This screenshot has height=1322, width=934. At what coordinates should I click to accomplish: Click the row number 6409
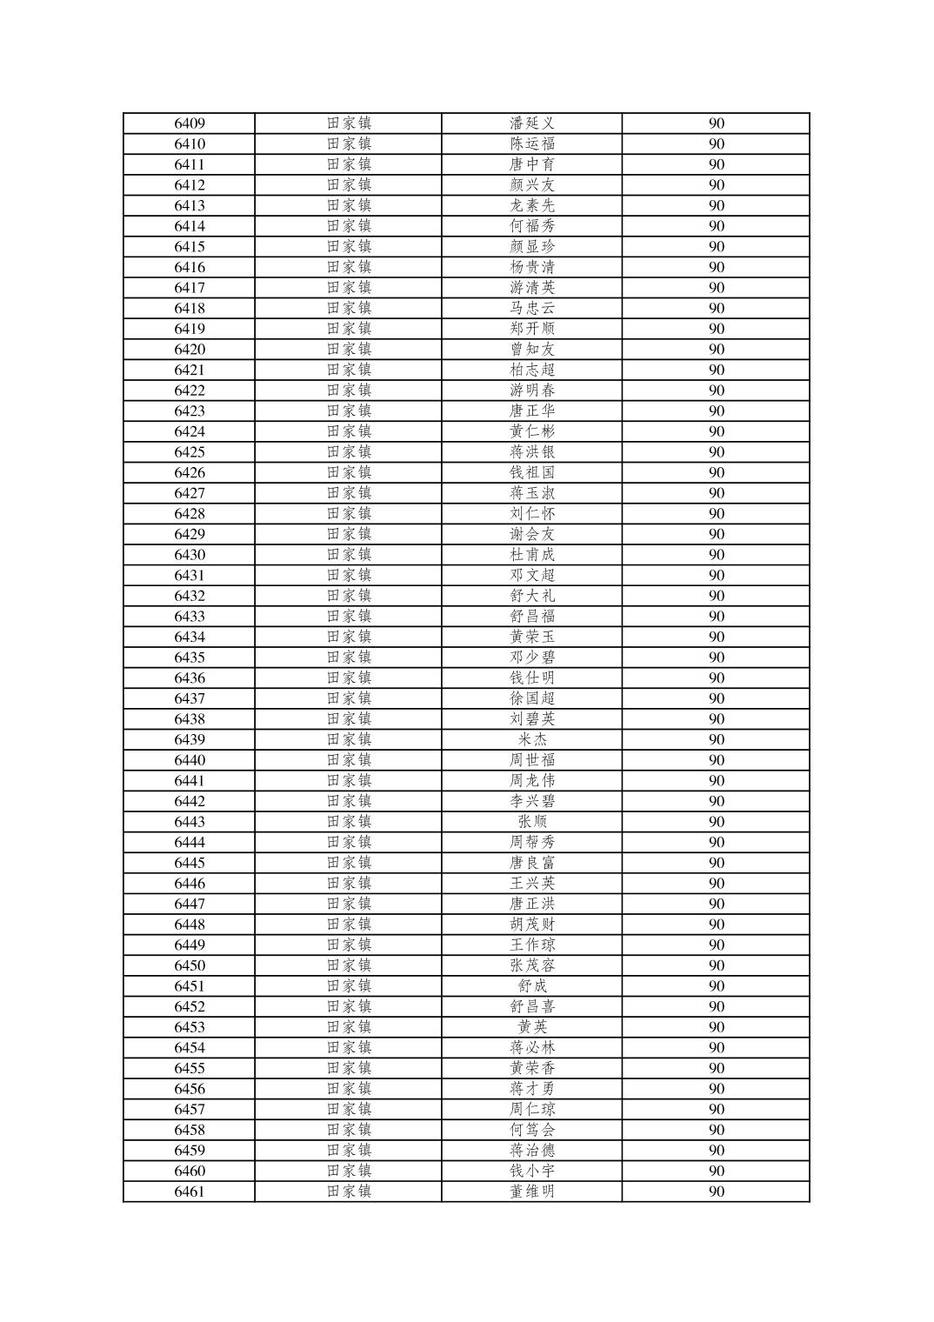[x=190, y=124]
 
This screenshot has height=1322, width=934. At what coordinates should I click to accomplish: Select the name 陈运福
[x=532, y=144]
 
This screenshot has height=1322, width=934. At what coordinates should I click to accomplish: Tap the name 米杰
[x=532, y=739]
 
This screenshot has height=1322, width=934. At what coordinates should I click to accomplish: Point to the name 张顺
[x=532, y=822]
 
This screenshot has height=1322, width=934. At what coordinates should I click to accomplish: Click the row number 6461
[x=190, y=1192]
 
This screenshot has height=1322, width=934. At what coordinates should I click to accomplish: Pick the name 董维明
[x=532, y=1192]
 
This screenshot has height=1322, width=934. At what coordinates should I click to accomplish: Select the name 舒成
[x=532, y=986]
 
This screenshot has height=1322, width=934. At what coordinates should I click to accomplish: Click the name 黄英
[x=532, y=1027]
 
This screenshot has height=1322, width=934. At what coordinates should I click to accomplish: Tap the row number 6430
[x=190, y=555]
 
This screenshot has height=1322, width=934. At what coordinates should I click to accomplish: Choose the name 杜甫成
[x=532, y=555]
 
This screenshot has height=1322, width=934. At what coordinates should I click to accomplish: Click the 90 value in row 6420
[x=716, y=350]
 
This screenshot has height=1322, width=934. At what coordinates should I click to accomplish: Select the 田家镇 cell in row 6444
[x=349, y=842]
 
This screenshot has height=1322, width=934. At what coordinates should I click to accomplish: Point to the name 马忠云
[x=532, y=308]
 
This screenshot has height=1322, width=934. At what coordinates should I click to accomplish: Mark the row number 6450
[x=190, y=965]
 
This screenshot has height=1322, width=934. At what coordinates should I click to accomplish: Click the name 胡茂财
[x=532, y=925]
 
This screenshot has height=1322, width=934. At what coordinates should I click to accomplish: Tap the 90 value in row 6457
[x=716, y=1109]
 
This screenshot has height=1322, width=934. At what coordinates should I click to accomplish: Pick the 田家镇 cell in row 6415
[x=349, y=247]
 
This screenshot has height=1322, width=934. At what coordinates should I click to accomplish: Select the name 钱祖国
[x=532, y=472]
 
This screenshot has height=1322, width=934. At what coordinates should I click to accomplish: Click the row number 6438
[x=190, y=719]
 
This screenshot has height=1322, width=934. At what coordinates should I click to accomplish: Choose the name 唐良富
[x=532, y=863]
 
